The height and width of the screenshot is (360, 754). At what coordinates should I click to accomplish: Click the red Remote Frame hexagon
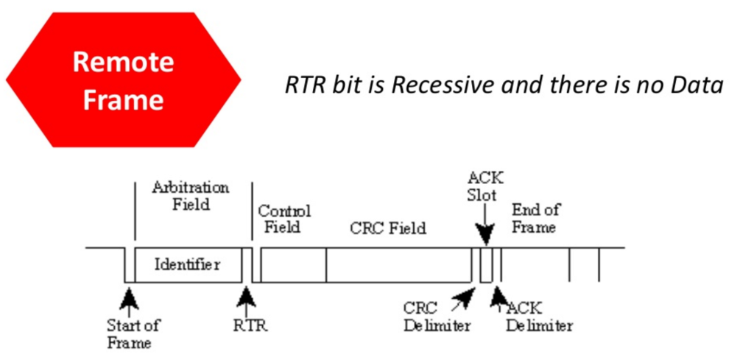tap(123, 80)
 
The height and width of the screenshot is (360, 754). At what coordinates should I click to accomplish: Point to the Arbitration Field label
tap(190, 195)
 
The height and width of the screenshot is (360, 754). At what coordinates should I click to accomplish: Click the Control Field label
tap(283, 219)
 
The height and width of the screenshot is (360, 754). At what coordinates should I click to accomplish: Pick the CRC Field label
tap(387, 228)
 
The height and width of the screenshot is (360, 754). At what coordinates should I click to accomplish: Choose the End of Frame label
tap(535, 218)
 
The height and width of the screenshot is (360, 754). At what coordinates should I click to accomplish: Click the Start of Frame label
tap(133, 333)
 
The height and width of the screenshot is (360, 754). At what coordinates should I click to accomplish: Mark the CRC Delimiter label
tap(437, 317)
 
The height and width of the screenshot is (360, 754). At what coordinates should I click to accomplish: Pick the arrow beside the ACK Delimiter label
tap(498, 296)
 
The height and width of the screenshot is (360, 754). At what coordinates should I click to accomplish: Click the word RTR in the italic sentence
tap(302, 85)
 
